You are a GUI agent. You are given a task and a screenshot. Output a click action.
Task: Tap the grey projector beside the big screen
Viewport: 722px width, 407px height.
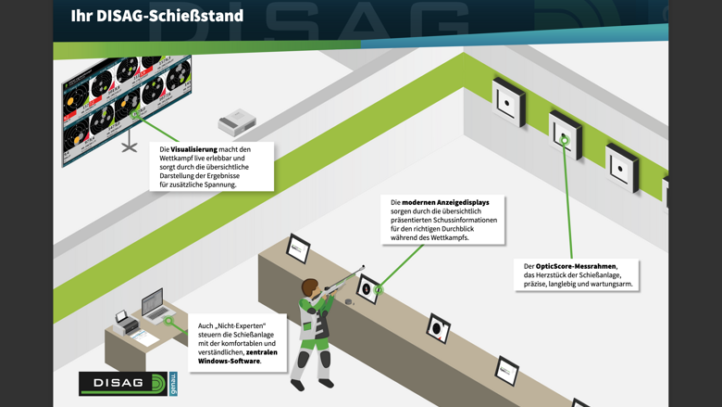pos(237,121)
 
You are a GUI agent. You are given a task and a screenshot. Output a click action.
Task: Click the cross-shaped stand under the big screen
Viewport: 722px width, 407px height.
pos(130,146)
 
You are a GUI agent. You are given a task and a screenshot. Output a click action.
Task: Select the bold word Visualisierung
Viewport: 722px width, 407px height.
pos(194,149)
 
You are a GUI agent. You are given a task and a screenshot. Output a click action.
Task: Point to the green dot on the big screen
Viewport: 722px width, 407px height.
pos(135,115)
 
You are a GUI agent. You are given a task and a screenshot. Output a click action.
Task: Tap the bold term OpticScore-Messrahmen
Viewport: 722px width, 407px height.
pos(576,267)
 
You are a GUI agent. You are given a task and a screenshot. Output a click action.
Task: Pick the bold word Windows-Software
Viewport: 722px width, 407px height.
pos(229,361)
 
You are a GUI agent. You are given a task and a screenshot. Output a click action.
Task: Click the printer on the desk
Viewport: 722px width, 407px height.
pos(125,321)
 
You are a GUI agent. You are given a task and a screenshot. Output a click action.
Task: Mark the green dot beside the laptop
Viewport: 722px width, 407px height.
pos(169,321)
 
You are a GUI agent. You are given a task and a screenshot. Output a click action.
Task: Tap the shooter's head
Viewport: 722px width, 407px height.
pos(309,287)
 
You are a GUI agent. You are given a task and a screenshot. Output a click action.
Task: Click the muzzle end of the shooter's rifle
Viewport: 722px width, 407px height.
pos(363,267)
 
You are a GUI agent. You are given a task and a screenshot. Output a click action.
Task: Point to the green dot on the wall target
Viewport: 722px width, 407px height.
pos(564,140)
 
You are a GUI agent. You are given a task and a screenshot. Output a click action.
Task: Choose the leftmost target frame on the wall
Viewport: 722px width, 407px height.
pos(508,100)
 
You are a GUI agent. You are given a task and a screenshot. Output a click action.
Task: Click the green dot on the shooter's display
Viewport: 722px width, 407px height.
pos(379,290)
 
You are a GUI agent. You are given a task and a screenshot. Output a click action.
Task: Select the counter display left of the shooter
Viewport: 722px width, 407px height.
pos(297,248)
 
